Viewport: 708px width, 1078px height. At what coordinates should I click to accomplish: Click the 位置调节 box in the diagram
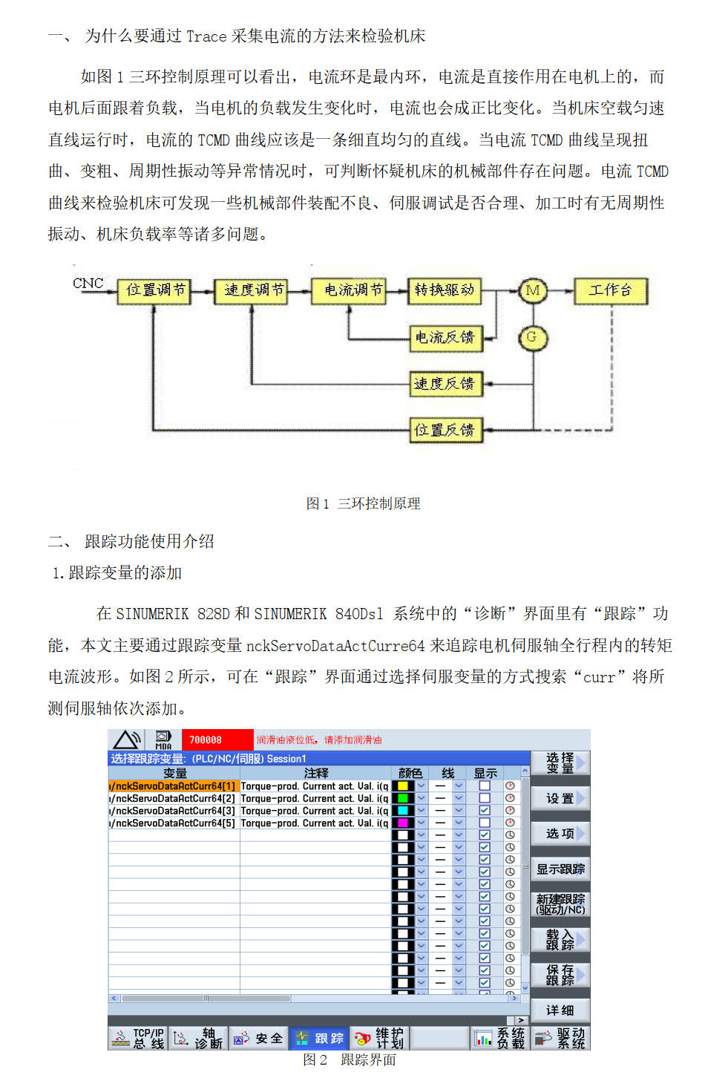(154, 290)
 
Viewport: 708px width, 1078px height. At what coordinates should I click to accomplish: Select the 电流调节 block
(353, 290)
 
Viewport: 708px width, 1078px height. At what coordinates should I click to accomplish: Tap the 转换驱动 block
(444, 290)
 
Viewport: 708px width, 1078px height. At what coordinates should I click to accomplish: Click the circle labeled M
(532, 290)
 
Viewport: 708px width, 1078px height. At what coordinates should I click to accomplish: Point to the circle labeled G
(531, 337)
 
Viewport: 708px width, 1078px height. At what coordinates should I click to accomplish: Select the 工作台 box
(610, 290)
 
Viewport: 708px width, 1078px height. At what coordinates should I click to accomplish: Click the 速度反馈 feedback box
(444, 383)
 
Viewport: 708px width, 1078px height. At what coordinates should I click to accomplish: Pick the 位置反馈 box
(444, 430)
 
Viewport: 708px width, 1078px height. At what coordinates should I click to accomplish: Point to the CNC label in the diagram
(88, 283)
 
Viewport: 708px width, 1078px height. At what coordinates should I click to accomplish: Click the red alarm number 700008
(206, 740)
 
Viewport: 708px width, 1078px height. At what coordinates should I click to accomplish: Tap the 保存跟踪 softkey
(560, 975)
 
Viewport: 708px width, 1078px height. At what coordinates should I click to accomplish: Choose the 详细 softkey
(560, 1010)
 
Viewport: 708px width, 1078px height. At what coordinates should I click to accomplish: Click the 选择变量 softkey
(560, 762)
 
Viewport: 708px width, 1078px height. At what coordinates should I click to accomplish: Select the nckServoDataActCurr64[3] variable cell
(174, 811)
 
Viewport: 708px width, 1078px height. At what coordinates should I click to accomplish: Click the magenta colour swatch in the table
(404, 823)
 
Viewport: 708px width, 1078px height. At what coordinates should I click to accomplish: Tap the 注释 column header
(315, 773)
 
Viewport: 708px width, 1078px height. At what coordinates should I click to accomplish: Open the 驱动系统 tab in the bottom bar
(562, 1038)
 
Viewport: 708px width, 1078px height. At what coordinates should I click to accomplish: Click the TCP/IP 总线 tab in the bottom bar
(139, 1038)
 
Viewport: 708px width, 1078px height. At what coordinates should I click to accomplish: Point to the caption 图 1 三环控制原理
(363, 503)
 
